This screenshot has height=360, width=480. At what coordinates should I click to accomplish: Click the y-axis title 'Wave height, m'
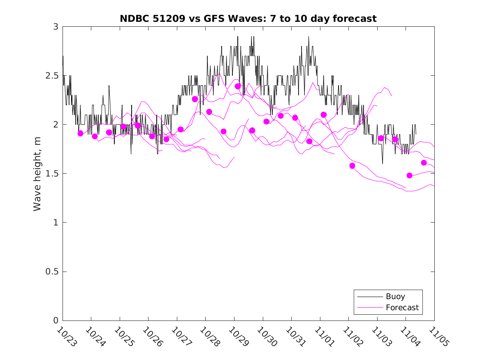(37, 174)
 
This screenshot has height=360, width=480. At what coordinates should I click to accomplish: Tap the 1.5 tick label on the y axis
(53, 174)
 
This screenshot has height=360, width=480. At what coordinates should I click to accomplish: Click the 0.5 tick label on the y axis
(53, 272)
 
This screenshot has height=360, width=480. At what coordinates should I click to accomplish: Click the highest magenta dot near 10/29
(238, 86)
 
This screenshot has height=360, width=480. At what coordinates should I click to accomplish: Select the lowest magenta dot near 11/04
(409, 175)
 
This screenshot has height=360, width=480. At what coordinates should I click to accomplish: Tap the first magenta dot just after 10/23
(80, 133)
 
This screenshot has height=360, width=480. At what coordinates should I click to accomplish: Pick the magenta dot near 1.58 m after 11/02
(352, 166)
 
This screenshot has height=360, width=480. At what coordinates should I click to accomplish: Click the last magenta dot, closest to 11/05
(424, 163)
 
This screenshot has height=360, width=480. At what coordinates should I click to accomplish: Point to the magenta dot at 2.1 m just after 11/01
(324, 114)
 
